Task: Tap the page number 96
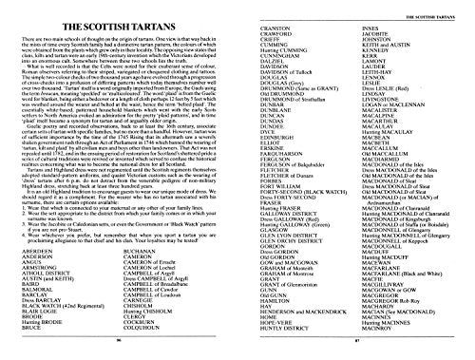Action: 117,337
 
